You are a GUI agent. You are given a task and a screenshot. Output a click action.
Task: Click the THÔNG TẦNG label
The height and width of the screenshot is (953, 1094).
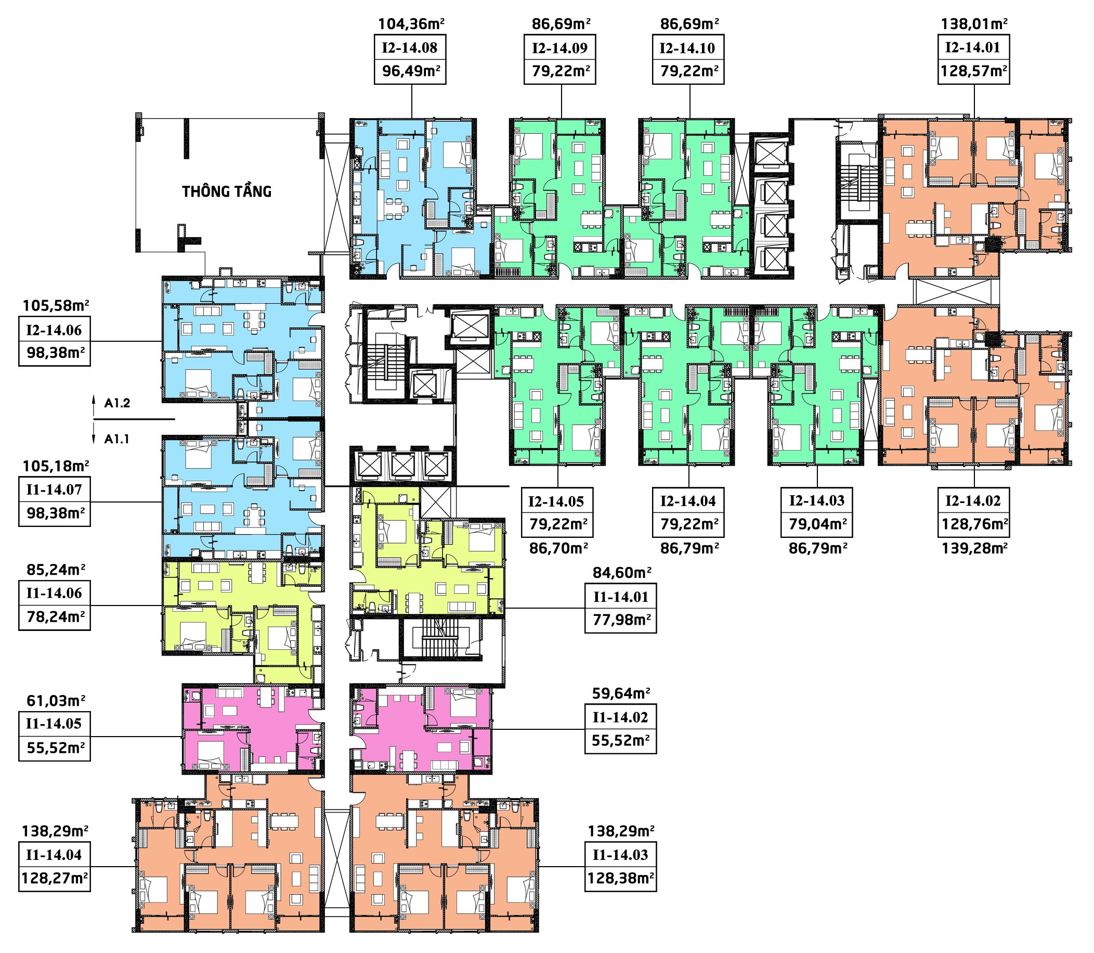click(227, 191)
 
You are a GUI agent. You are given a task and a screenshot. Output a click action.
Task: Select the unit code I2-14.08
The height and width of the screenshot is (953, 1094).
click(409, 48)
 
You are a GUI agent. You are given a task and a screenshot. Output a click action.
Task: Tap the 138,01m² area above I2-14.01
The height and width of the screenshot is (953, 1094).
click(974, 24)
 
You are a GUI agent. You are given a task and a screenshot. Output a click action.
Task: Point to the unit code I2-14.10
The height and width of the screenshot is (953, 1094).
click(687, 48)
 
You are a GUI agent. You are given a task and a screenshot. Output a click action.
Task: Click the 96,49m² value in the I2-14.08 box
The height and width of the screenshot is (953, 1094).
click(411, 71)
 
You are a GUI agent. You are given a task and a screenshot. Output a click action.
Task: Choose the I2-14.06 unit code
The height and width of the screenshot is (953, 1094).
click(54, 330)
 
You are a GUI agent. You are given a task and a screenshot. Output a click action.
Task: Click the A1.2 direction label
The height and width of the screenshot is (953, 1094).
click(117, 403)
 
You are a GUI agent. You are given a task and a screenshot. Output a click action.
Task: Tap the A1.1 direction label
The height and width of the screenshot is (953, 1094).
click(117, 439)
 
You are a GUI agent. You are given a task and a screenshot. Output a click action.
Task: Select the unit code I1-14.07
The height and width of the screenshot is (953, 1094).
click(54, 490)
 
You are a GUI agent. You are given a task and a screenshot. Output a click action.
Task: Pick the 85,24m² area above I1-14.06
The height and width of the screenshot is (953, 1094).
click(56, 570)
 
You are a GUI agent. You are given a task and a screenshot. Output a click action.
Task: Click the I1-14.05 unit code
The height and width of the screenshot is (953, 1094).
click(54, 724)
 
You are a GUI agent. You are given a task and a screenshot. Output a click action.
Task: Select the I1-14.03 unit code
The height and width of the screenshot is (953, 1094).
click(620, 855)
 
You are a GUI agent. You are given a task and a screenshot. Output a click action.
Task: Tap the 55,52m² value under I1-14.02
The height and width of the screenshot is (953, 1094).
click(621, 740)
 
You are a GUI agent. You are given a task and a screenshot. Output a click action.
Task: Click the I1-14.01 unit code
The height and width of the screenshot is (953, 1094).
click(620, 597)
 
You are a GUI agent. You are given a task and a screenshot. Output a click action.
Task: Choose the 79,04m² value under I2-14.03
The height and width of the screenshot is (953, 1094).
click(817, 524)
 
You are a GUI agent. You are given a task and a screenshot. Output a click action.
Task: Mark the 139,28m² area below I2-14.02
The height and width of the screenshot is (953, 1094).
click(975, 548)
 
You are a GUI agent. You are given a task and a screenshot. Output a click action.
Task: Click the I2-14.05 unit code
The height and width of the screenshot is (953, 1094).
click(556, 501)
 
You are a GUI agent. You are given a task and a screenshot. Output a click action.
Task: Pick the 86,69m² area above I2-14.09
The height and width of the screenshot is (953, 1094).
click(562, 24)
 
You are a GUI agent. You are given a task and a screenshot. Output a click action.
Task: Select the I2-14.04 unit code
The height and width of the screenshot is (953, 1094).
click(688, 501)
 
